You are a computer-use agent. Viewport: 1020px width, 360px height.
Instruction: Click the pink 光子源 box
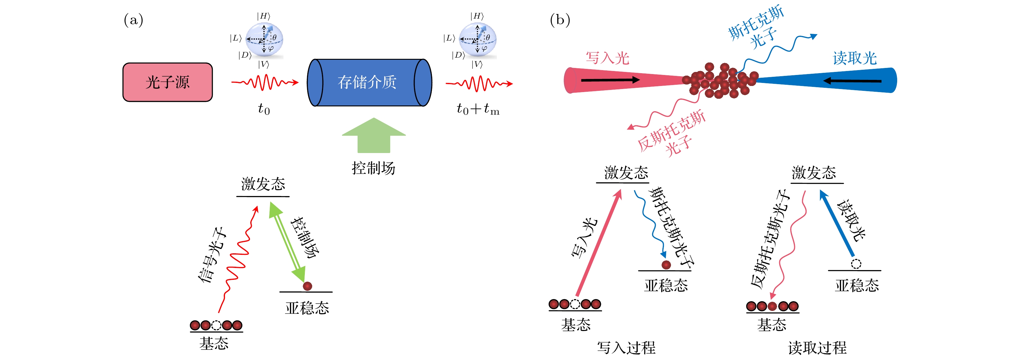point(167,82)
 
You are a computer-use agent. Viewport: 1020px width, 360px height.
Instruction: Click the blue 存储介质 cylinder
point(369,82)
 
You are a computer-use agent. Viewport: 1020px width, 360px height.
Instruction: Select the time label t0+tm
point(478,109)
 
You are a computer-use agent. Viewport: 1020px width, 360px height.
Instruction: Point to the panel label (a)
point(134,20)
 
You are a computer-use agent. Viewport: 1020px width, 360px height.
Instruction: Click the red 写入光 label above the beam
point(608,58)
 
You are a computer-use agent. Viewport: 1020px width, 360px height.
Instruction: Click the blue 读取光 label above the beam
point(854,58)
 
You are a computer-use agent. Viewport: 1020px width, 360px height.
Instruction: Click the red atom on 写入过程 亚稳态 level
point(666,265)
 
